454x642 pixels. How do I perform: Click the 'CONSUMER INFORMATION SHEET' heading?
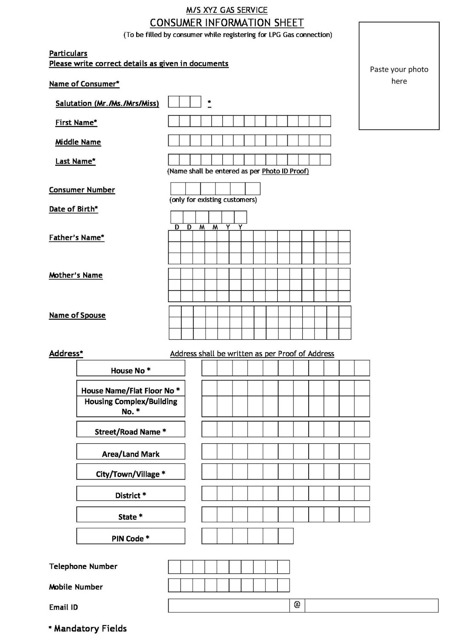[x=227, y=22]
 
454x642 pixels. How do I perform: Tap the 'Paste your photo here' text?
[x=399, y=75]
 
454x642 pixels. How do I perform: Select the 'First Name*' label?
[x=76, y=123]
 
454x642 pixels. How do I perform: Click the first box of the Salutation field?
[x=173, y=102]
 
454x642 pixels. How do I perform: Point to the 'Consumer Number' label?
[x=82, y=190]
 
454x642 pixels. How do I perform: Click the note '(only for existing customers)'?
[x=213, y=200]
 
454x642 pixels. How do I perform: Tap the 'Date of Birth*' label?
[x=73, y=209]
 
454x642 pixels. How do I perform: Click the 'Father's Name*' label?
[x=77, y=238]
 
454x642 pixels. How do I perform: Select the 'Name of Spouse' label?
[x=77, y=315]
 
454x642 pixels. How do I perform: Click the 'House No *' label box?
[x=130, y=368]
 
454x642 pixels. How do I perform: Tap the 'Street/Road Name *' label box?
[x=130, y=429]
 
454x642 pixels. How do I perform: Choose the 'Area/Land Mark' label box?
[x=130, y=452]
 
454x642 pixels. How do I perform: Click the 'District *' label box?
[x=130, y=494]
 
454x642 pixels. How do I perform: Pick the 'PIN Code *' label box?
[x=130, y=536]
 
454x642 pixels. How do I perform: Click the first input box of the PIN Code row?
[x=209, y=536]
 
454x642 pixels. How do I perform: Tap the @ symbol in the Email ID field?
[x=297, y=605]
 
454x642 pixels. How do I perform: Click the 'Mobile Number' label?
[x=76, y=587]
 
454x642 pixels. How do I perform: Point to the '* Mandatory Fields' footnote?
[x=88, y=629]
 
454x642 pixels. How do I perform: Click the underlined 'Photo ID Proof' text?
[x=285, y=171]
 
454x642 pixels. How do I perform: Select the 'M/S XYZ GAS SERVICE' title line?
[x=227, y=10]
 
